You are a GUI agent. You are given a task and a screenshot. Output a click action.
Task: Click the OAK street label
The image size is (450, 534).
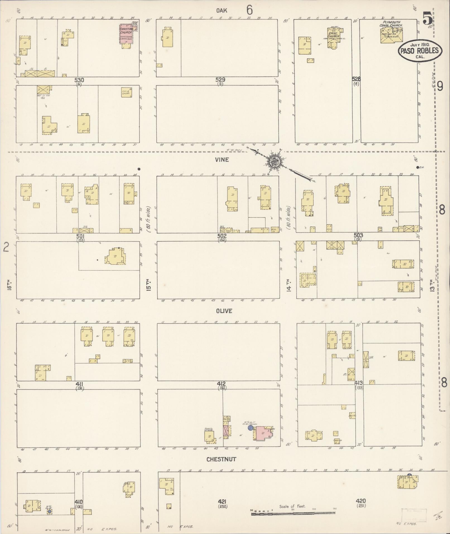point(222,11)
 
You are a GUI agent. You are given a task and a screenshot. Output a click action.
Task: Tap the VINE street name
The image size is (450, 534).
point(222,160)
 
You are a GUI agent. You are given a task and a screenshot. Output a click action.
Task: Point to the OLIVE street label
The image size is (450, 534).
point(224,311)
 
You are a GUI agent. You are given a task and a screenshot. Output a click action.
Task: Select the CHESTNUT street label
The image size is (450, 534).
point(222,459)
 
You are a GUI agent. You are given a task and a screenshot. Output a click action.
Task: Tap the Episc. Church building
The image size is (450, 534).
point(334,37)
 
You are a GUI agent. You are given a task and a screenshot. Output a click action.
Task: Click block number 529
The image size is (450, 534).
point(220,80)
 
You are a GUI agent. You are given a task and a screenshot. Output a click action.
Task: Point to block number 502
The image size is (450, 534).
point(222,236)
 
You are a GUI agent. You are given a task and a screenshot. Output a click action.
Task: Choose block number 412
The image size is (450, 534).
point(222,384)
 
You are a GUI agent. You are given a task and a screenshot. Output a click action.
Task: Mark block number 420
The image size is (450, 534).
point(361,501)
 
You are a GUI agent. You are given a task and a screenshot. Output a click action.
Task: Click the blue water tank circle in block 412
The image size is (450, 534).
point(251,427)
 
